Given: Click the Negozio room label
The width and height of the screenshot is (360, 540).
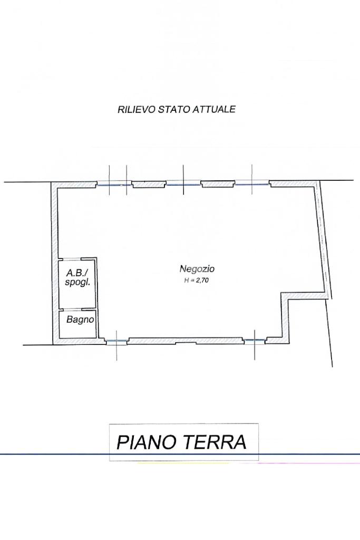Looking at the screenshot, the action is (x=197, y=268).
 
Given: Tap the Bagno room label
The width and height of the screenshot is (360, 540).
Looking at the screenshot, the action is (x=80, y=320).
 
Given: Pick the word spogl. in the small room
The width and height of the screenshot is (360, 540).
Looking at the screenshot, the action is (x=77, y=283).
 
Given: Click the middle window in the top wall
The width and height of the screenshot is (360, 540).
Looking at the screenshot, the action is (x=183, y=184).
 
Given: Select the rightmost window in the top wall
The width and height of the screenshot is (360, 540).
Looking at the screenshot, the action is (x=252, y=184).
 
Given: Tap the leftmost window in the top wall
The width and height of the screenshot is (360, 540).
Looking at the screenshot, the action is (x=114, y=185).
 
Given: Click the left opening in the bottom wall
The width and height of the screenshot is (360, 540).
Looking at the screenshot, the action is (x=116, y=341).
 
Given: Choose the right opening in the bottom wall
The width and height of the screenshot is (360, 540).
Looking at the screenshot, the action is (x=255, y=340).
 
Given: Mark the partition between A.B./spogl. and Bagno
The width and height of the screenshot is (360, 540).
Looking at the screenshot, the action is (x=77, y=309).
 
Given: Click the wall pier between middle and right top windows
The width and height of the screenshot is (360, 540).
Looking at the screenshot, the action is (x=218, y=184).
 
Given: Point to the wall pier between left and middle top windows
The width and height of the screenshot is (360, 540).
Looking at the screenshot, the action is (x=150, y=184).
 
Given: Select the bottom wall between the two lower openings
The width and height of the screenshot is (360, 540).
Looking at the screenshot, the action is (x=186, y=341).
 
